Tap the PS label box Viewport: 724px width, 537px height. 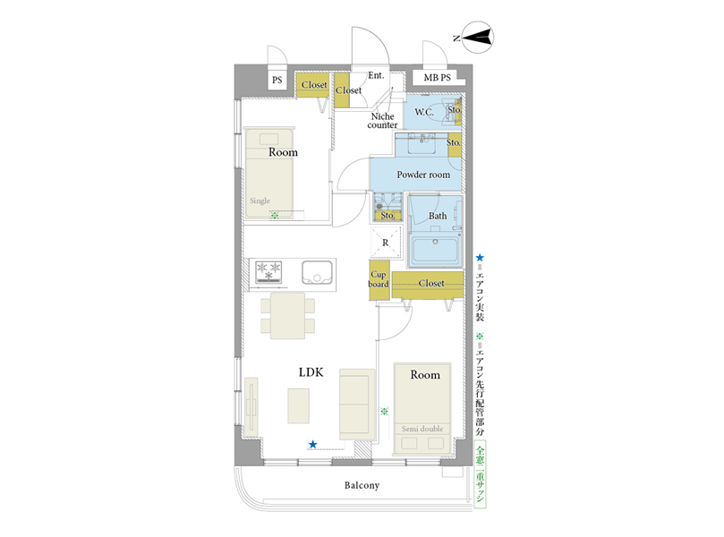point(277,80)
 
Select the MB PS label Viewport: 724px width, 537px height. point(437,78)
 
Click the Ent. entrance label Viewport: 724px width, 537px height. point(376,75)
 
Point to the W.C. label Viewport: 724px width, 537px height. point(424,112)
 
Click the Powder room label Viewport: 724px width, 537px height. point(423,175)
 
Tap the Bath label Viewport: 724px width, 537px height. point(438,216)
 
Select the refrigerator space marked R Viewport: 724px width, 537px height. point(386,243)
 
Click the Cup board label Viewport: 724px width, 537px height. point(379,279)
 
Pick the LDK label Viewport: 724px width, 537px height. point(311,372)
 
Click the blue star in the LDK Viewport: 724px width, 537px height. point(312,445)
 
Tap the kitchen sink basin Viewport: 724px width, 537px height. point(317,272)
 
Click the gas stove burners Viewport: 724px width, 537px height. point(268,272)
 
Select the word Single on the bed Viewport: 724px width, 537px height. point(260,200)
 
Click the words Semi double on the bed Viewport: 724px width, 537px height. point(422,429)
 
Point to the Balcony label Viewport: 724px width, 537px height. point(362,485)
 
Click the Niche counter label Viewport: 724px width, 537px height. point(382,121)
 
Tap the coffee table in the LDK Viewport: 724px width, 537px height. point(299,405)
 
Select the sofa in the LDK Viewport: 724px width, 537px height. point(357,404)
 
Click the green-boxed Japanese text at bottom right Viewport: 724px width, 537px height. point(481,474)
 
